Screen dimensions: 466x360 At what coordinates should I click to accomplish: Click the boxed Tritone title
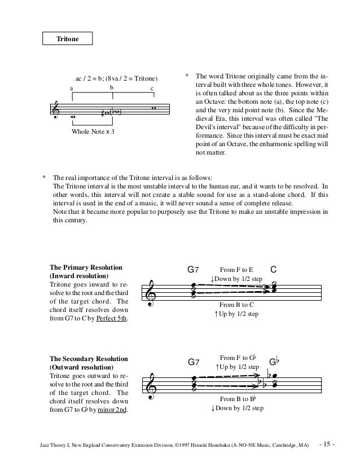[x=68, y=39]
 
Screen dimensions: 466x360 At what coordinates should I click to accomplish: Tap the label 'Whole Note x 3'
[x=93, y=131]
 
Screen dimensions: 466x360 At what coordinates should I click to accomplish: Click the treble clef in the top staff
[x=56, y=112]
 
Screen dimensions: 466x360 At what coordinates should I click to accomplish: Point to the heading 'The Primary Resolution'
[x=86, y=267]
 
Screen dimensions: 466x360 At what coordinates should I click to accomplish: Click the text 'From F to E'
[x=236, y=270]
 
